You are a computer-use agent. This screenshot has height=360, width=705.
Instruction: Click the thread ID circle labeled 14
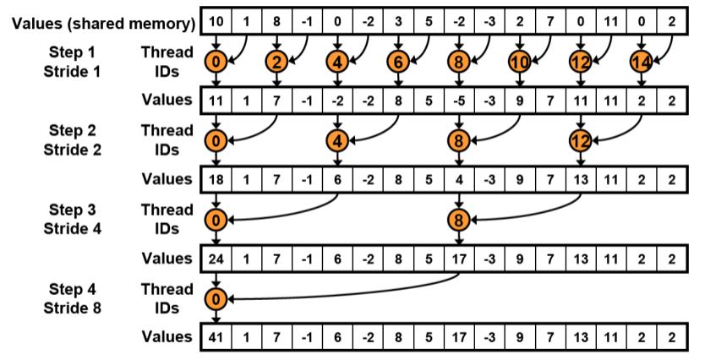(x=640, y=61)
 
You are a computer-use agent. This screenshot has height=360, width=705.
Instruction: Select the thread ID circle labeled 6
(x=398, y=61)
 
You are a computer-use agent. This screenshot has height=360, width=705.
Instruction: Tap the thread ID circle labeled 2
(x=276, y=61)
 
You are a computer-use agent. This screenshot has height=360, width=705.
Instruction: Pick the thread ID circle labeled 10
(x=519, y=61)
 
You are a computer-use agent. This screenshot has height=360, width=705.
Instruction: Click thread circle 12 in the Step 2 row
(x=580, y=140)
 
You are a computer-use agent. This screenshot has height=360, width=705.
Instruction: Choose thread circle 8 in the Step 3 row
(x=459, y=220)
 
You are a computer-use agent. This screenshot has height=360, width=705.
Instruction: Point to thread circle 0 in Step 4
(x=216, y=298)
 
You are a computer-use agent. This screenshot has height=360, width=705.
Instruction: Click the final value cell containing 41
(x=216, y=336)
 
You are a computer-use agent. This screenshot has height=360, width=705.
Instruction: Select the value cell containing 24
(x=216, y=258)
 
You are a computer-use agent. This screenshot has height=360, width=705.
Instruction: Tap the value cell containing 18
(x=216, y=178)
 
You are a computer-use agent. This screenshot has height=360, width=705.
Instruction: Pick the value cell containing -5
(x=459, y=100)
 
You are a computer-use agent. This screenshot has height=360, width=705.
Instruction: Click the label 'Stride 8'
(x=72, y=307)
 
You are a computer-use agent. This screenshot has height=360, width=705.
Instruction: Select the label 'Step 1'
(x=72, y=53)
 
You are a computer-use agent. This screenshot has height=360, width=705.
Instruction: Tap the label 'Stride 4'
(x=72, y=227)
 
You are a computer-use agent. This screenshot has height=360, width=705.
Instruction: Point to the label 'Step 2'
(x=72, y=131)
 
